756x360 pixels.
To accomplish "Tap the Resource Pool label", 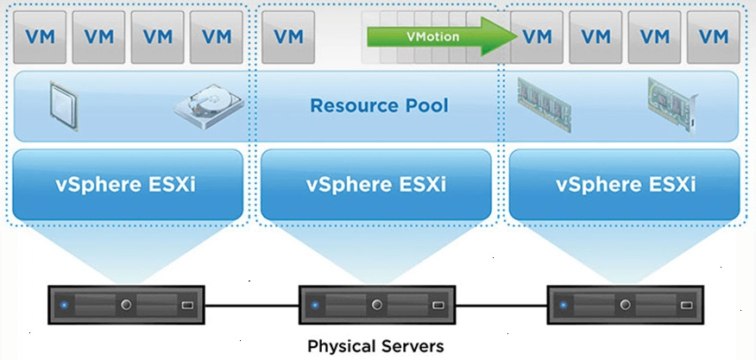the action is [379, 105].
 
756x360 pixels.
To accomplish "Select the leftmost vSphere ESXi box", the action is [128, 185].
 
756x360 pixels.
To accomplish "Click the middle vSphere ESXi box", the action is [376, 185].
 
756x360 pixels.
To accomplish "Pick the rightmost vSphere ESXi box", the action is [624, 185].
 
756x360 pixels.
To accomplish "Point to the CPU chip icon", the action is [63, 105].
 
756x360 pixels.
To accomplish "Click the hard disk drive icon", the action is [209, 106].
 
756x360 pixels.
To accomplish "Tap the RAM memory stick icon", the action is [545, 104].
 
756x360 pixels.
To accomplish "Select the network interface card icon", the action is [673, 105].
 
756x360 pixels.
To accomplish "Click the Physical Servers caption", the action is [376, 346].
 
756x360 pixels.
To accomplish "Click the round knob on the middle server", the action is [377, 305].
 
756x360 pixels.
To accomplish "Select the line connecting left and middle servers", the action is [252, 306].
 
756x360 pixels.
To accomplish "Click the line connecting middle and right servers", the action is [501, 306].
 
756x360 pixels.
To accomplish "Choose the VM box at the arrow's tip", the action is [537, 37].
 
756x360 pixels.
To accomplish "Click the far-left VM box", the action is [40, 37].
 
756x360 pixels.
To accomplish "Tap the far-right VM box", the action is [713, 37].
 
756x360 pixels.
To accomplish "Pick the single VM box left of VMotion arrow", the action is [288, 37].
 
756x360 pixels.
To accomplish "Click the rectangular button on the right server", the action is [685, 305].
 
